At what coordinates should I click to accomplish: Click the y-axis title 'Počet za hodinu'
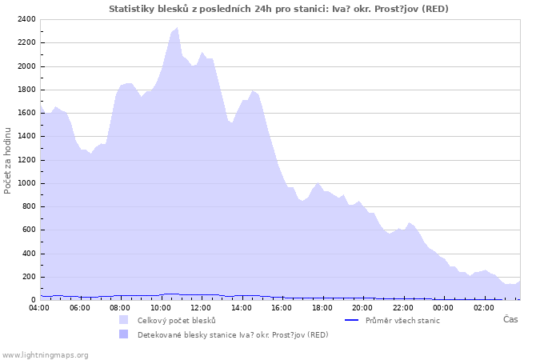point(8,160)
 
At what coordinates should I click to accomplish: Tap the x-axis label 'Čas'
point(510,319)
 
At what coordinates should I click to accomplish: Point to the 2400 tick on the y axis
point(26,19)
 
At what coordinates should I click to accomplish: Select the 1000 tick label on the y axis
point(26,183)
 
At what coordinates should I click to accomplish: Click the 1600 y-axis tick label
point(26,113)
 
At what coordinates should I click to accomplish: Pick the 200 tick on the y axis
point(28,277)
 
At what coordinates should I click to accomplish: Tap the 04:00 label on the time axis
point(39,307)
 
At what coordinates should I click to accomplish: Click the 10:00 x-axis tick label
point(161,307)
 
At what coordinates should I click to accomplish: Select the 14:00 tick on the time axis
point(242,307)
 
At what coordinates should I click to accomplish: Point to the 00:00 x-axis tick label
point(443,307)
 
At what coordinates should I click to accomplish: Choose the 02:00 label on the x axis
point(483,307)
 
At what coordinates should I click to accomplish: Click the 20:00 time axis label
point(362,307)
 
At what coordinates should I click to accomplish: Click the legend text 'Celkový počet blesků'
point(176,320)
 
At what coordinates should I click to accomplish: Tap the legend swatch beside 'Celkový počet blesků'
point(123,320)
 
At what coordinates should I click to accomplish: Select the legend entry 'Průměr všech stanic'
point(402,320)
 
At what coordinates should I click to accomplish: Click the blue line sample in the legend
point(351,320)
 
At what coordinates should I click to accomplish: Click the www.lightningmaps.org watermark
point(46,354)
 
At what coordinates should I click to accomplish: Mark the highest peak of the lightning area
point(177,28)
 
